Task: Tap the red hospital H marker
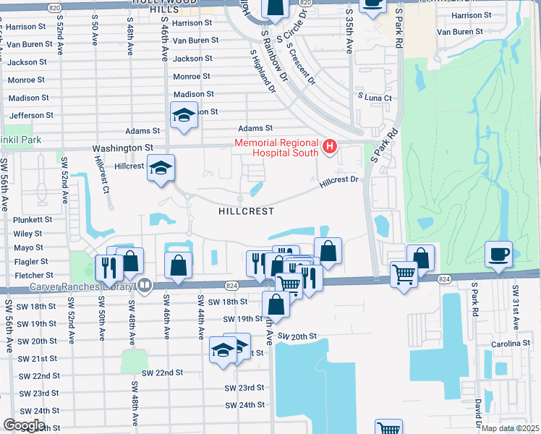pos(331,148)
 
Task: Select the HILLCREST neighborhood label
pos(247,211)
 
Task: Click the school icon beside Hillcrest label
pos(160,169)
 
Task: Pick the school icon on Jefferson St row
pos(184,115)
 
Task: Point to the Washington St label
pos(122,148)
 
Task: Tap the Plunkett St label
pos(33,219)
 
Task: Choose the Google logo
pos(24,425)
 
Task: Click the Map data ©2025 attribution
pos(509,428)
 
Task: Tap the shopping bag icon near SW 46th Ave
pos(178,265)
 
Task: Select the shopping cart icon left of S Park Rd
pos(403,273)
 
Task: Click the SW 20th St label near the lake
pos(297,336)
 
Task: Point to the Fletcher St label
pos(34,276)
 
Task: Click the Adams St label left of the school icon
pos(142,131)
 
